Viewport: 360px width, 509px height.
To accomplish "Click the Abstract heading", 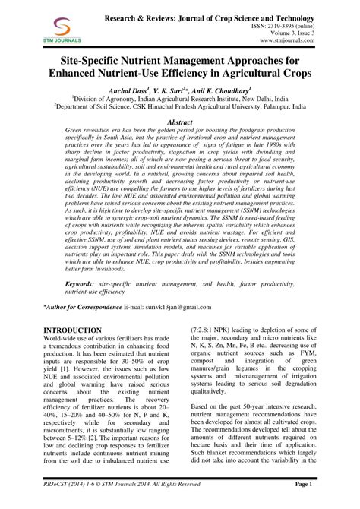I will [179, 122].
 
